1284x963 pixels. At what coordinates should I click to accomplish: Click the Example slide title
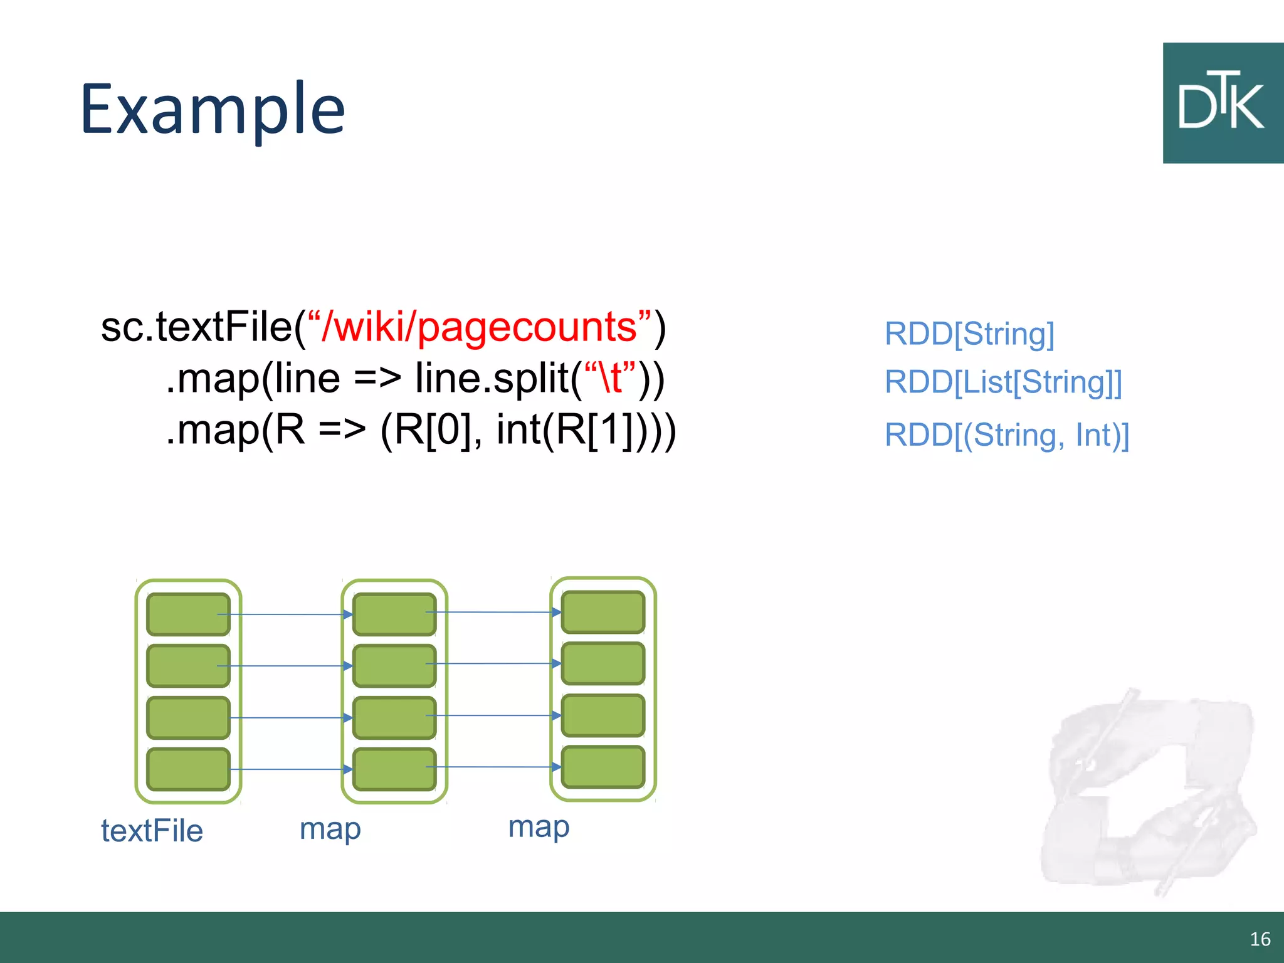tap(213, 110)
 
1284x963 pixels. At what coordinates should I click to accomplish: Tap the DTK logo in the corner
tap(1222, 103)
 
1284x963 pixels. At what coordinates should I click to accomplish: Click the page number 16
tap(1260, 939)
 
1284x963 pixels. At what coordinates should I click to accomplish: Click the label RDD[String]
tap(969, 334)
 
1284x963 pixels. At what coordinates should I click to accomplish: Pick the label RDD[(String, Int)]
tap(1007, 435)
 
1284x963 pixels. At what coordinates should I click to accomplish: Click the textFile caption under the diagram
tap(152, 831)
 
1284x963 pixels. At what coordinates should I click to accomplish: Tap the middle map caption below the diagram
tap(330, 829)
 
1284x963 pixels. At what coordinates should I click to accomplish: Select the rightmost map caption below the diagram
tap(539, 826)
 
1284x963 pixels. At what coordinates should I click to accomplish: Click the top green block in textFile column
tap(188, 614)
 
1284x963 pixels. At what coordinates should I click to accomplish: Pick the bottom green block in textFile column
tap(188, 769)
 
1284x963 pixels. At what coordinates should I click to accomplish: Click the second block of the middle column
tap(394, 665)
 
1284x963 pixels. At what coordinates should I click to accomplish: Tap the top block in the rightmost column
tap(603, 612)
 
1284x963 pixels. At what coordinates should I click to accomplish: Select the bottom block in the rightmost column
tap(603, 767)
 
